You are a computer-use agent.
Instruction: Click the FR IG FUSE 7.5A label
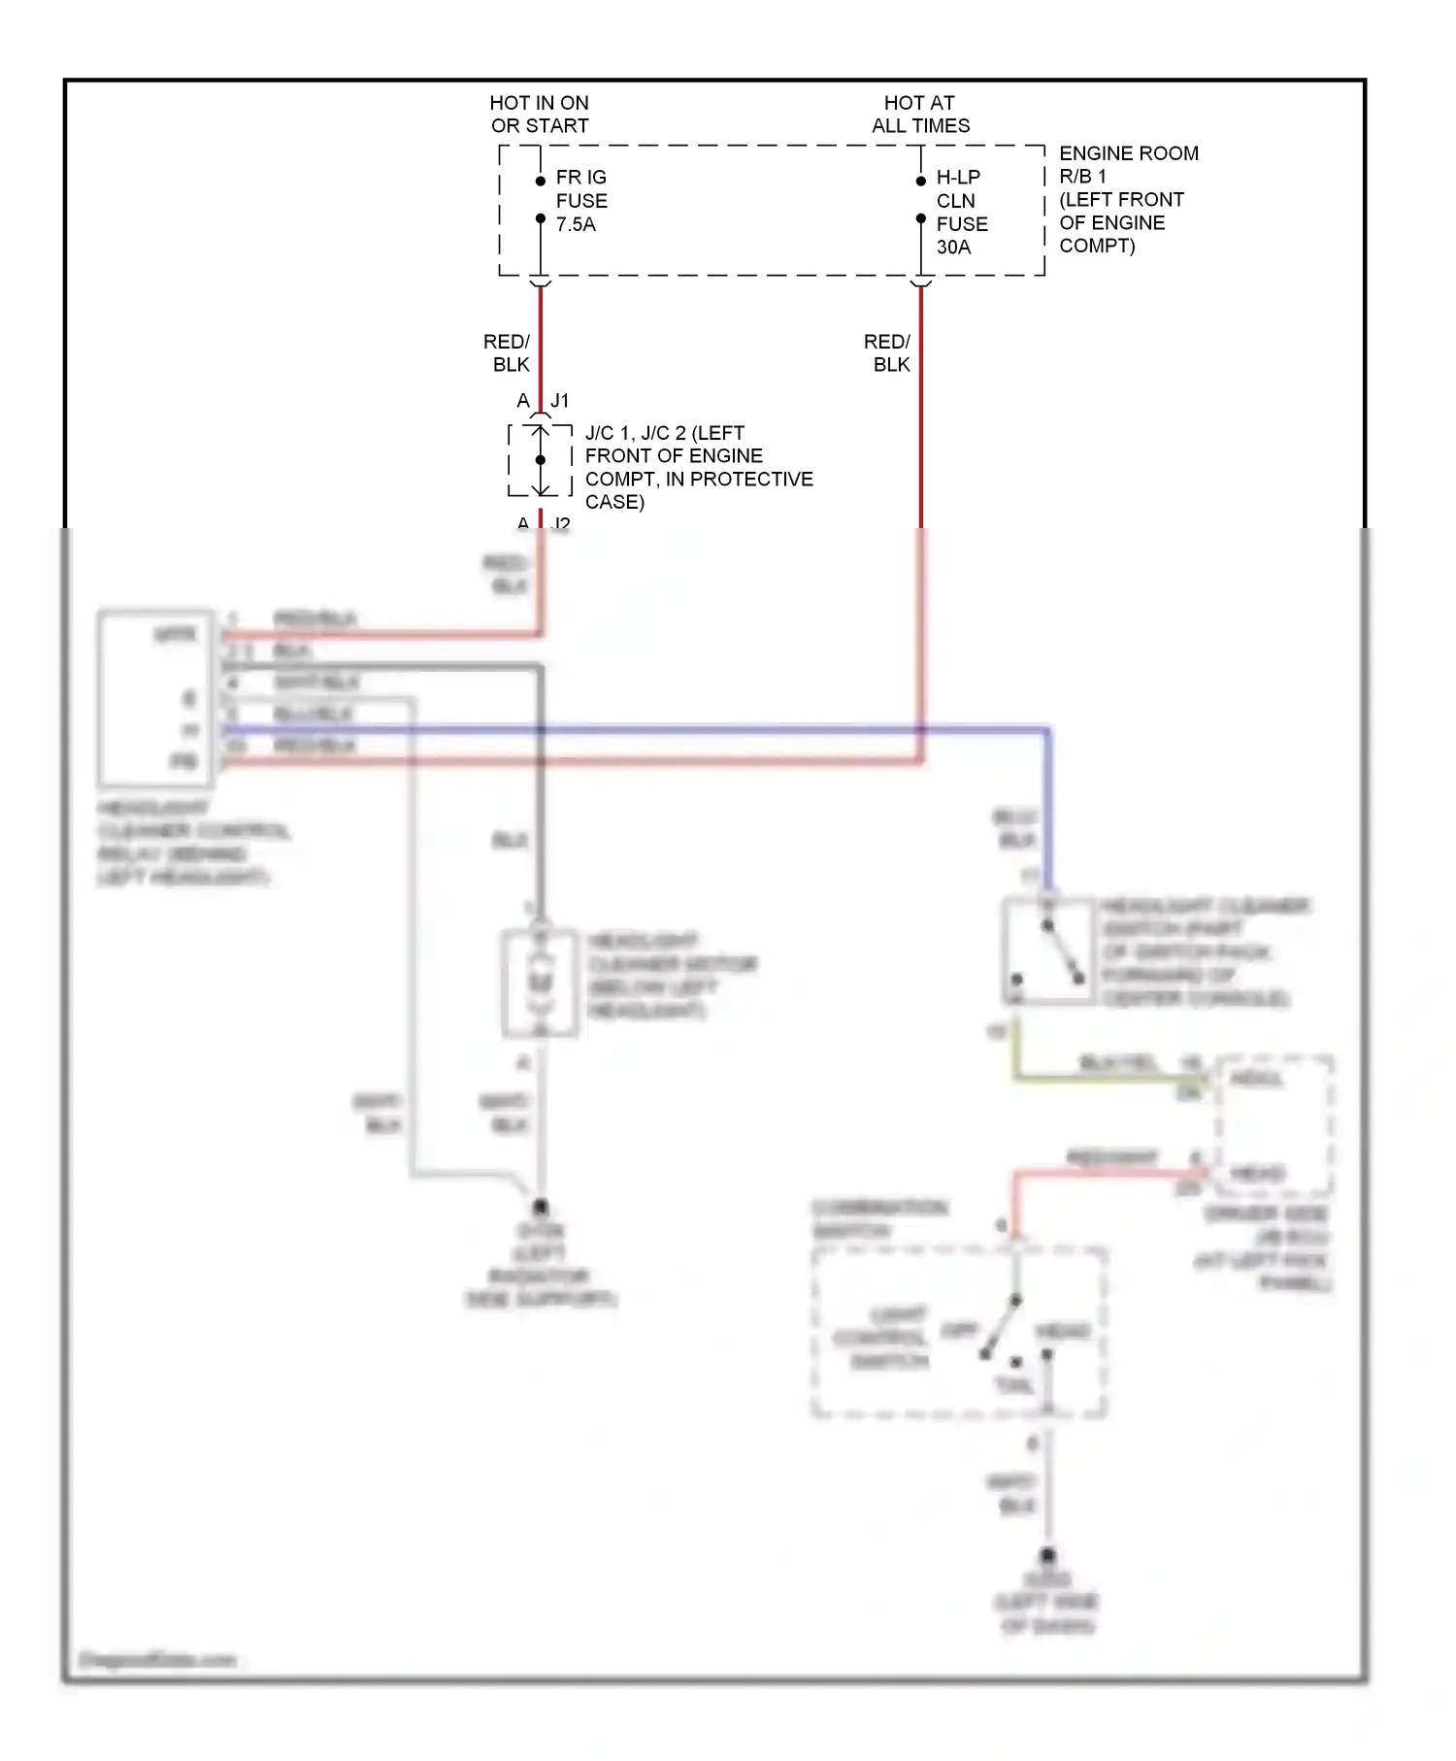point(580,201)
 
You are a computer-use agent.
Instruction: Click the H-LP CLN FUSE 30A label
point(961,212)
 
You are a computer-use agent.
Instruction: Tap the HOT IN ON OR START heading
point(539,114)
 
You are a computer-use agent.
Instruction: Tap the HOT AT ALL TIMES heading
point(920,114)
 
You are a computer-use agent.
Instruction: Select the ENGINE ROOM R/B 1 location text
point(1127,199)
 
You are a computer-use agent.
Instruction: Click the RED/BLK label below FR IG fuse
point(507,353)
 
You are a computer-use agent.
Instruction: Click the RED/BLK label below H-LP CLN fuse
point(887,353)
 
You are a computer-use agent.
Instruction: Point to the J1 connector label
point(560,401)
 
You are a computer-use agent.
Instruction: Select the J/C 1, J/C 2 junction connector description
point(698,467)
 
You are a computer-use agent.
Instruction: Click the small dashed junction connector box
point(540,460)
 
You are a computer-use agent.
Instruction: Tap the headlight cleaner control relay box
point(156,697)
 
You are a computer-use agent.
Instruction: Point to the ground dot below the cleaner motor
point(541,1208)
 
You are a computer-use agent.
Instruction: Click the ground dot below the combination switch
point(1047,1555)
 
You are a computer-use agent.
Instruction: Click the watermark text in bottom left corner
point(157,1659)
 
